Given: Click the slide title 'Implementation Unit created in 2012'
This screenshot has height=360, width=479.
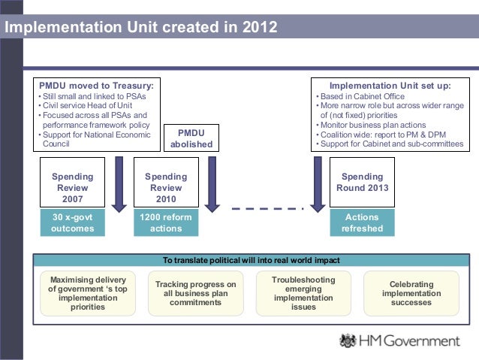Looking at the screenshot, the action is [141, 29].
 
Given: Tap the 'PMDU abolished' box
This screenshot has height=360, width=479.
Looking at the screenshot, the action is [191, 138].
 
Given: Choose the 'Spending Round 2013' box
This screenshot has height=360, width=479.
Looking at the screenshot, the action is [362, 182].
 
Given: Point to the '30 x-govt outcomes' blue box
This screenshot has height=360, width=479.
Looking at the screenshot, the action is [73, 223].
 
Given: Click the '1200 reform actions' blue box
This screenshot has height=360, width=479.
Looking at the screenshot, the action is [166, 223].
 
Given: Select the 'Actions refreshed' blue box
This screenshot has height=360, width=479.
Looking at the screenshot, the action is [362, 223].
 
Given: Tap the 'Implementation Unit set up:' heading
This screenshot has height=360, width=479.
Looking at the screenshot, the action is [390, 86].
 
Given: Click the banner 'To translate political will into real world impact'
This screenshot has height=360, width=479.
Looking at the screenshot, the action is [252, 260].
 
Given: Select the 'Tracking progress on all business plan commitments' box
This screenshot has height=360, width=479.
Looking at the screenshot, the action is [195, 293].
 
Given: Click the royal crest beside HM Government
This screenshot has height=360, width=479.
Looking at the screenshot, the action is [347, 340].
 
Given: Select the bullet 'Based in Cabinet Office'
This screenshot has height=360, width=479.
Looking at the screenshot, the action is [359, 96].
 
